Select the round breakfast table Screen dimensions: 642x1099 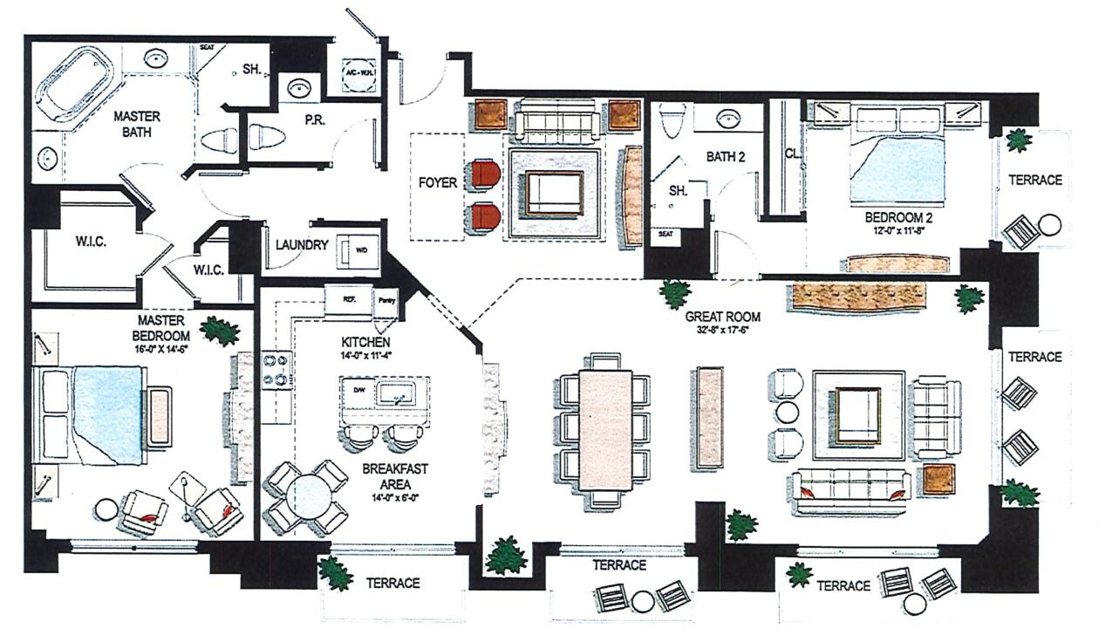(306, 497)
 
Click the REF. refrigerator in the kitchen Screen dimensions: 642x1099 (348, 298)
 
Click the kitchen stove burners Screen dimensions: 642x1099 (274, 368)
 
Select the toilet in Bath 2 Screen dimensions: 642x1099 (672, 122)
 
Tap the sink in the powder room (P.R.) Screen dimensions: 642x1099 (300, 88)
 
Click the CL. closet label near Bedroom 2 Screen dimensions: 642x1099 (792, 154)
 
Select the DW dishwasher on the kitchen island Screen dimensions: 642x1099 (358, 389)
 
